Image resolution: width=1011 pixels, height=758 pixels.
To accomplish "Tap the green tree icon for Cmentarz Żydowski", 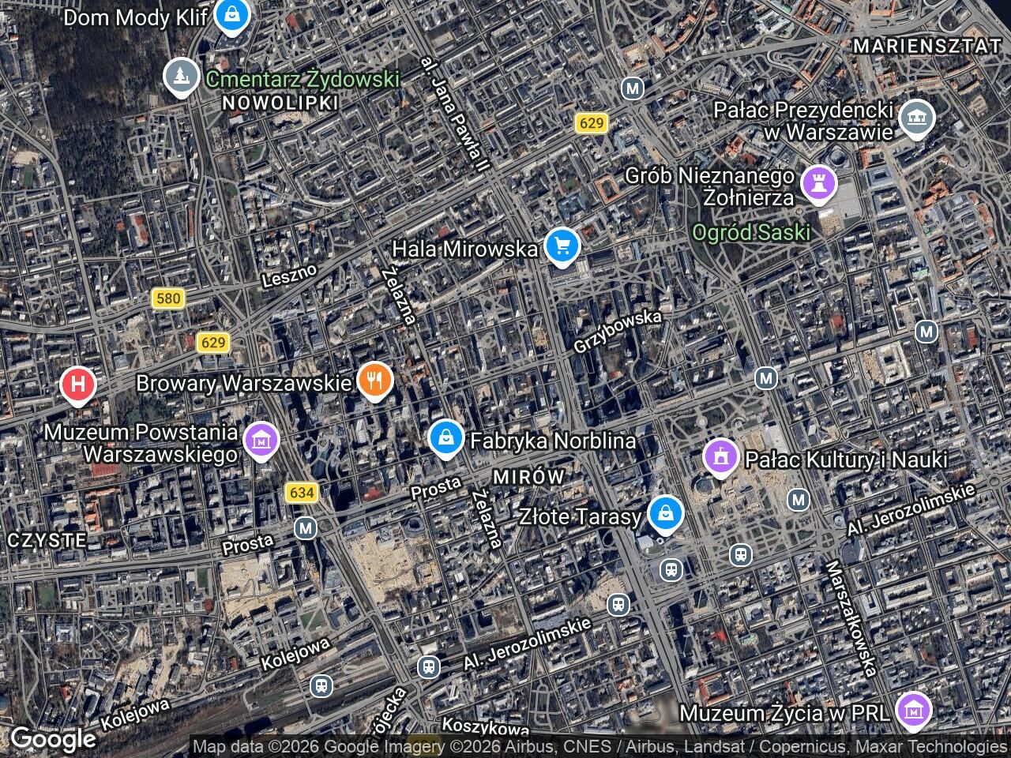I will click(x=182, y=76).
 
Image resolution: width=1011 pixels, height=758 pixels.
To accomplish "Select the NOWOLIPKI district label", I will click(x=280, y=103).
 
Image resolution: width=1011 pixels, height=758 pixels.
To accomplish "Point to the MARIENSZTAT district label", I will click(x=927, y=47).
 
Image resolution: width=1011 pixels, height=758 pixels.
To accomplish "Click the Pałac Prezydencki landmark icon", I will click(x=916, y=118).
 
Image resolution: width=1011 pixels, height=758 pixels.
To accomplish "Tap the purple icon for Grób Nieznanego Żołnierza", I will click(x=818, y=183).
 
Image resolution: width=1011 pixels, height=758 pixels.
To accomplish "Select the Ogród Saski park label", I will click(x=751, y=232).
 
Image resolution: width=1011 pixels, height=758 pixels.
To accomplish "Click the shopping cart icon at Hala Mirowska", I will click(x=562, y=246).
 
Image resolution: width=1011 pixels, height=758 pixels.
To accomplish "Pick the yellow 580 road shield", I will click(x=168, y=298).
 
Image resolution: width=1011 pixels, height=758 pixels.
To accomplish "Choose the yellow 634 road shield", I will click(x=302, y=493).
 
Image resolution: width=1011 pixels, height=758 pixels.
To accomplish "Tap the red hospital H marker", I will click(x=78, y=385).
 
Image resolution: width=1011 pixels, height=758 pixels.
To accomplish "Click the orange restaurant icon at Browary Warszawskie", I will click(x=376, y=381).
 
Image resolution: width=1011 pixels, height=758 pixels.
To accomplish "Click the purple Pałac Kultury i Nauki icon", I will click(x=720, y=456).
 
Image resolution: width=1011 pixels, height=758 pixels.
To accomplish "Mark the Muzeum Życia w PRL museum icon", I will click(x=914, y=711).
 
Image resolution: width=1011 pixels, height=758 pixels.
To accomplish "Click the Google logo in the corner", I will click(x=52, y=739).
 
